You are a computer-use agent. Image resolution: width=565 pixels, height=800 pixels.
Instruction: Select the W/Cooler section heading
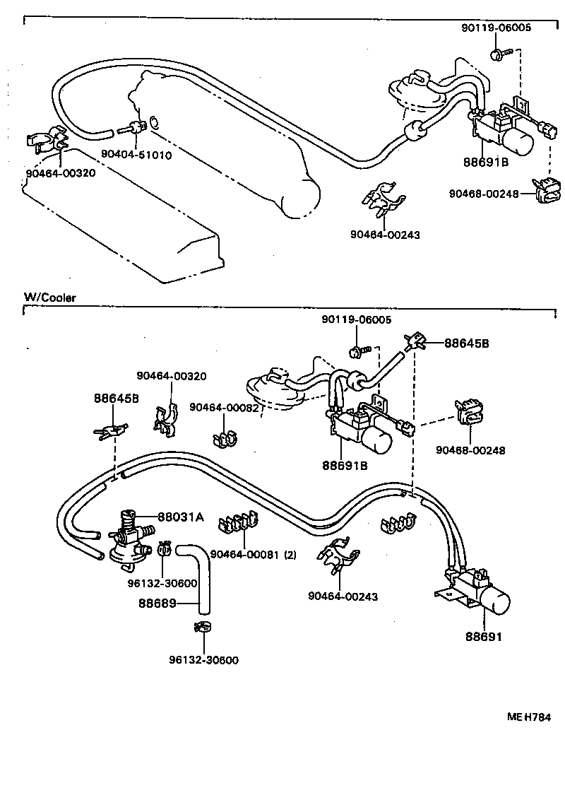click(x=49, y=298)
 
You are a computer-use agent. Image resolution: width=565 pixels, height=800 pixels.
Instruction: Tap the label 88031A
click(x=180, y=517)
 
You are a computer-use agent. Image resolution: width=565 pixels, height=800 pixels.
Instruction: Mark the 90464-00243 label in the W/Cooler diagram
click(x=343, y=596)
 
